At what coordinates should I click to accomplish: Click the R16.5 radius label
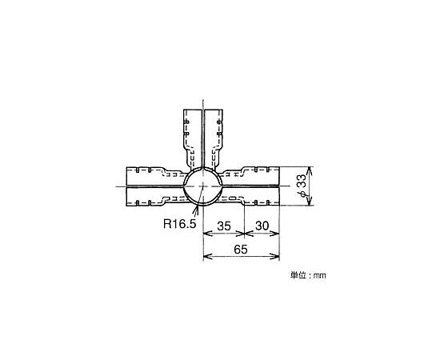180,224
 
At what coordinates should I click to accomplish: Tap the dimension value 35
224,226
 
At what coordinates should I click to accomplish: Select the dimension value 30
262,226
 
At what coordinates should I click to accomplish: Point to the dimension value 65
241,250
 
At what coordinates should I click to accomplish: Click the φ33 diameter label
302,186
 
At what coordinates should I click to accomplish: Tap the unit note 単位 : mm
308,275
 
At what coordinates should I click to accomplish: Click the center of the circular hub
202,186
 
